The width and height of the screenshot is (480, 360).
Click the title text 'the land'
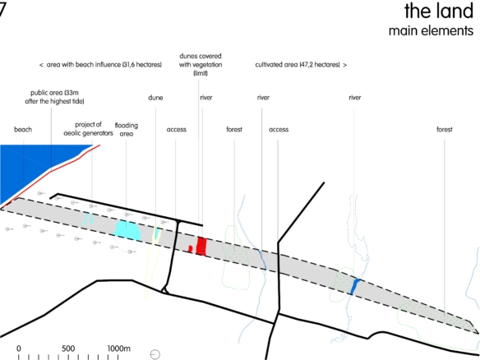[x=439, y=11]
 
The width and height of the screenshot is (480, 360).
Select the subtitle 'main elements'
[x=431, y=31]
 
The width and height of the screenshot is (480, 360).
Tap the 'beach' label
[x=23, y=130]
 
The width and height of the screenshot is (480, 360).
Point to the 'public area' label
[x=54, y=97]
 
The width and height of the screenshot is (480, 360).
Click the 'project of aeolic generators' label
[x=88, y=129]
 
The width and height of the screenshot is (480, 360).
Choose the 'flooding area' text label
[x=127, y=130]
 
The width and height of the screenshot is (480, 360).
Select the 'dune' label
[x=155, y=98]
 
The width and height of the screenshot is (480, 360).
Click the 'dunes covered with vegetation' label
[x=201, y=65]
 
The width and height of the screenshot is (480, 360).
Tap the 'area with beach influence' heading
[x=101, y=65]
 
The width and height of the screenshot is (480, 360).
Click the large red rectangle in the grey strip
[x=201, y=246]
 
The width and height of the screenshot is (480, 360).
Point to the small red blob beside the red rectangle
[x=190, y=248]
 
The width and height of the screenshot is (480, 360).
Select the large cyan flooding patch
[x=127, y=230]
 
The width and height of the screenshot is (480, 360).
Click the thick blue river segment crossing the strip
[x=355, y=287]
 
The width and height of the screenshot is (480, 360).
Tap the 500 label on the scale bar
[x=68, y=348]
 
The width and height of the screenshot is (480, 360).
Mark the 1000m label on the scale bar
[x=119, y=348]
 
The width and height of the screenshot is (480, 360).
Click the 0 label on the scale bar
[x=19, y=348]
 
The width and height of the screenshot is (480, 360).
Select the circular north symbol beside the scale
[x=155, y=354]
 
